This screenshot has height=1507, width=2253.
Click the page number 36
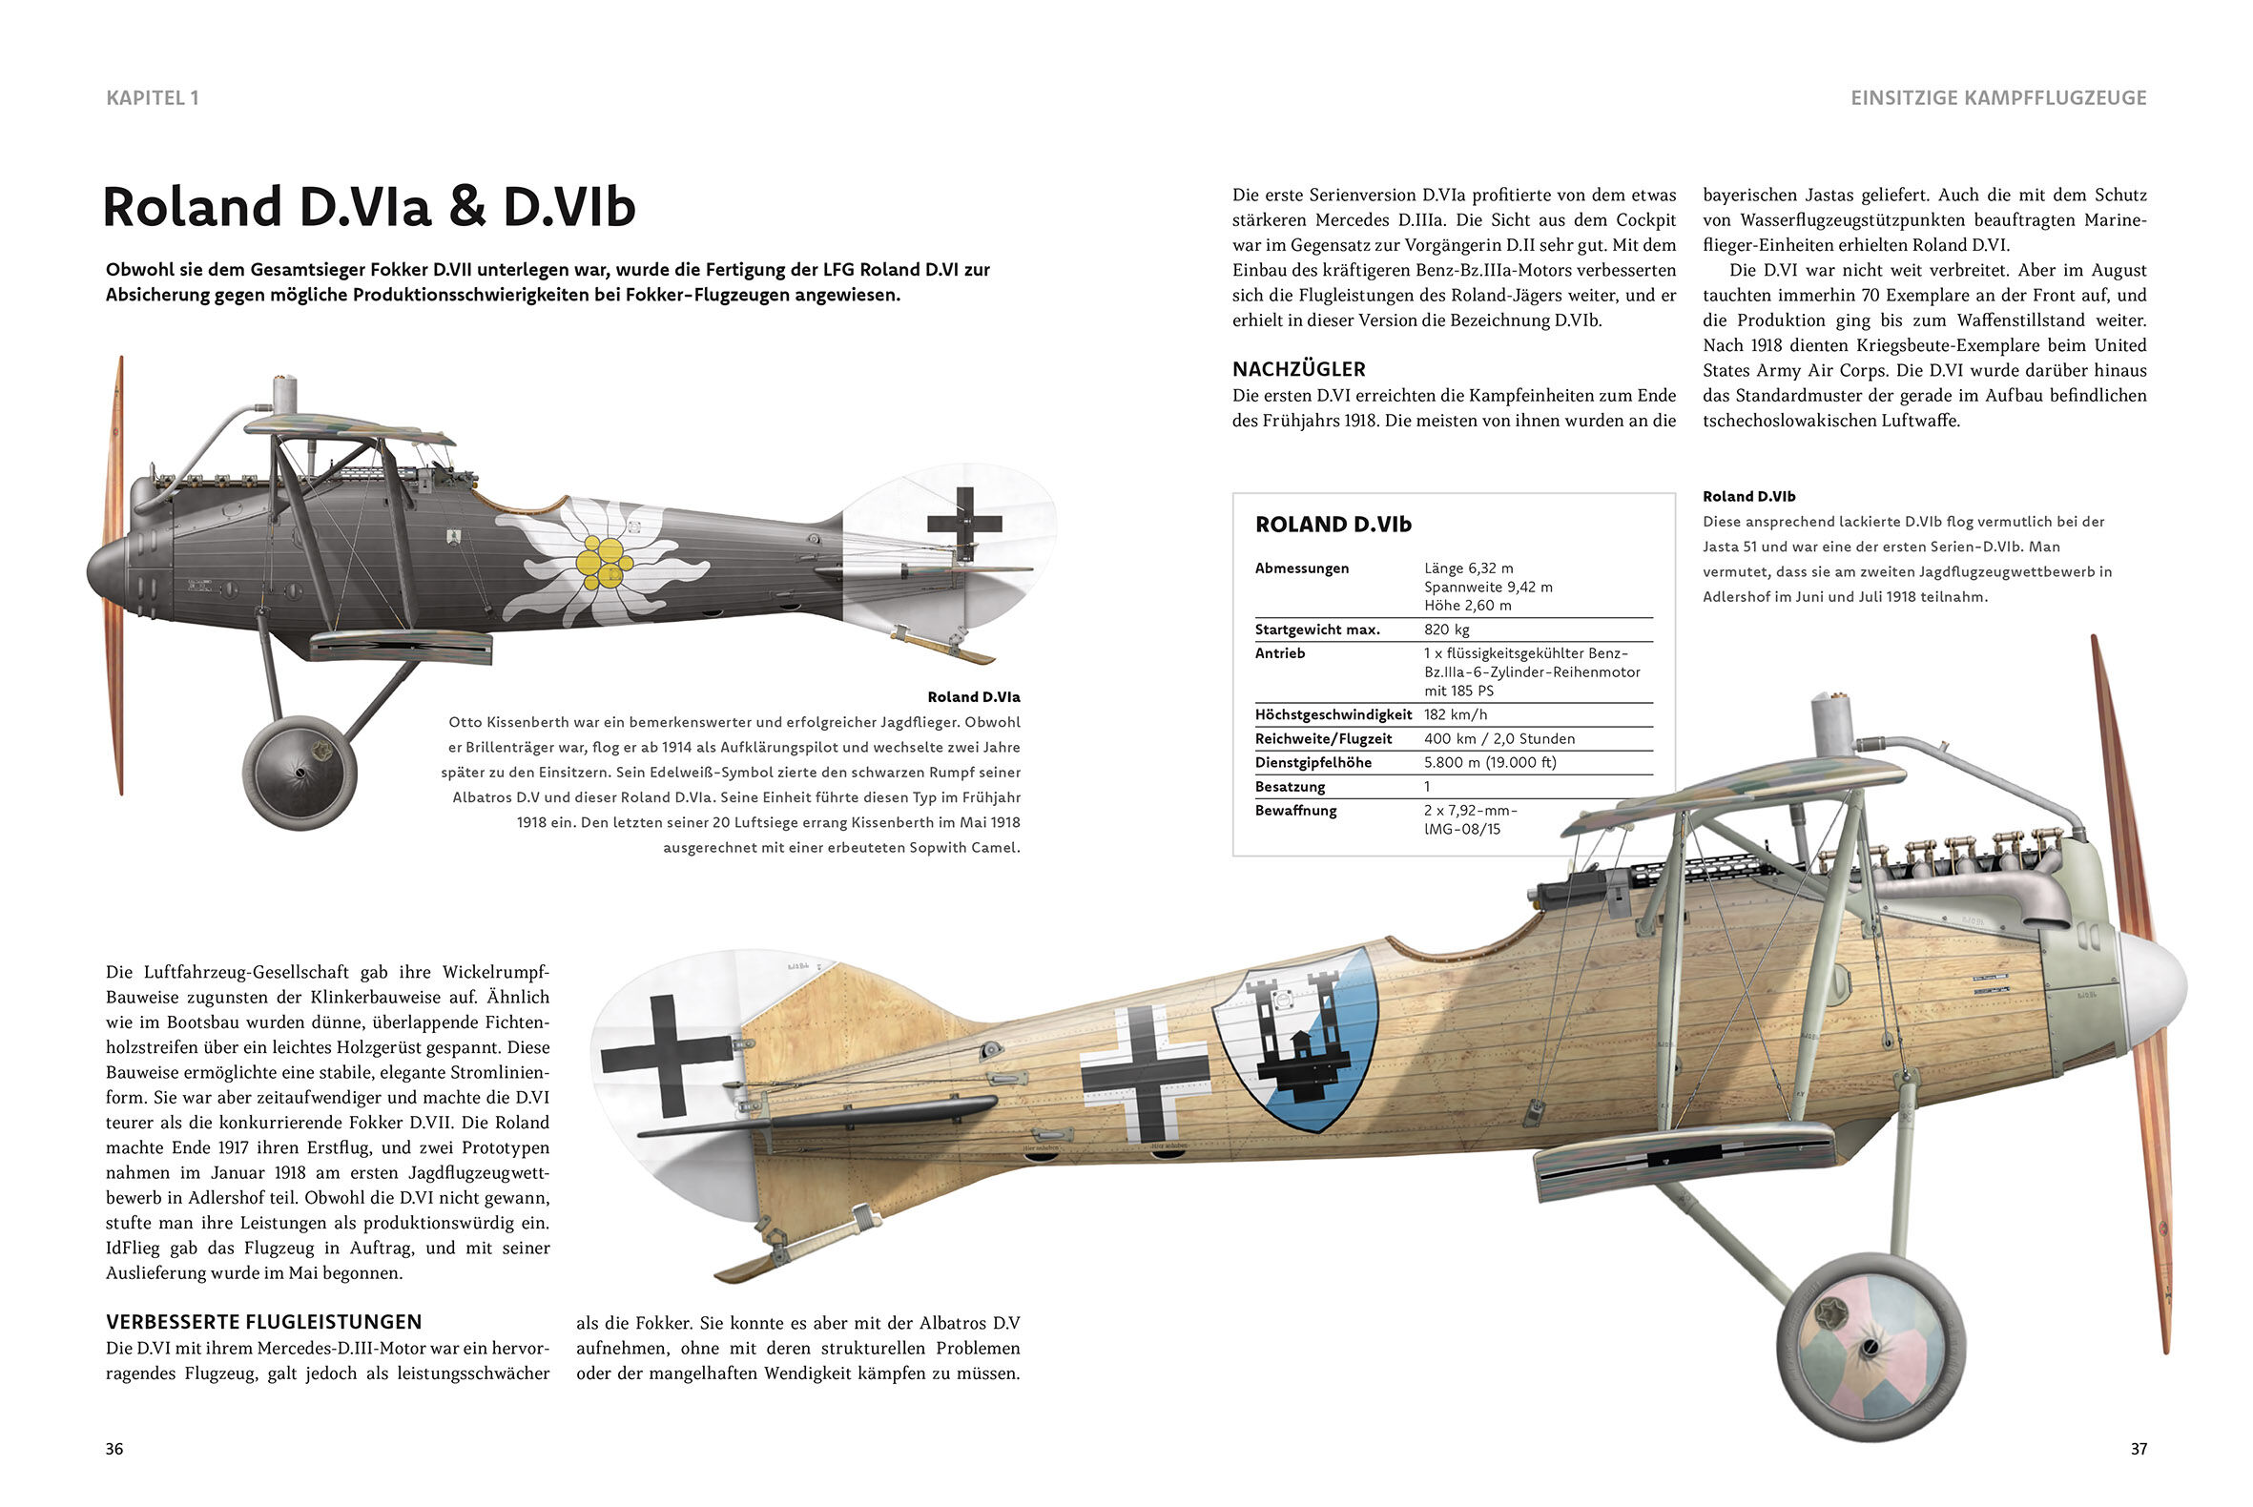point(114,1449)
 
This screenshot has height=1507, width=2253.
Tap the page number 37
point(2138,1449)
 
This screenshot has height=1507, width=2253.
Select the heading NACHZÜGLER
point(1298,369)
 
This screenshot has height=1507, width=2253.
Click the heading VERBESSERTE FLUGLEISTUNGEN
point(263,1322)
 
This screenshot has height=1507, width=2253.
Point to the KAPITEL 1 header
point(152,97)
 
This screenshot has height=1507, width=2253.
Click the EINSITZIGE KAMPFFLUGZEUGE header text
point(1997,98)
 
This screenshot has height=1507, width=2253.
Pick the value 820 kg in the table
point(1447,630)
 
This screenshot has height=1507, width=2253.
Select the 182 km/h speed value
point(1456,714)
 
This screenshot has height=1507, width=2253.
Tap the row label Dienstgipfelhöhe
point(1313,762)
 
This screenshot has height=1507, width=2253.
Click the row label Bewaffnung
point(1295,810)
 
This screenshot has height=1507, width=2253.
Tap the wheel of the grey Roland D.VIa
point(300,770)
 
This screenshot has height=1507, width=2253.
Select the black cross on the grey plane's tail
point(964,524)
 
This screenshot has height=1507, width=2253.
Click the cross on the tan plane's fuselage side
point(1144,1074)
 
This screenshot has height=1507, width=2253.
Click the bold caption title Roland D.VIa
point(973,697)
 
